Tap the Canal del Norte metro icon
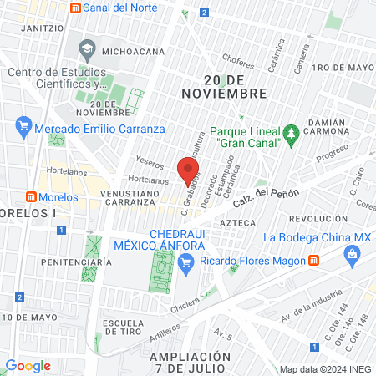(x=77, y=8)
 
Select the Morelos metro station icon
(x=31, y=197)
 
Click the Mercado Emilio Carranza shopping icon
(x=23, y=129)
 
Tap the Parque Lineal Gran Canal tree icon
(x=291, y=132)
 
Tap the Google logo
(x=28, y=365)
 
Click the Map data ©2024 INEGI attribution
(x=325, y=369)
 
